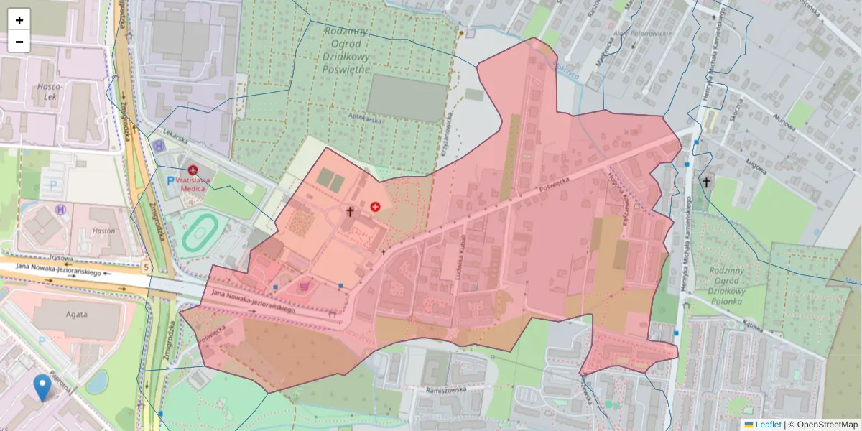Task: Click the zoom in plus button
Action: tap(19, 20)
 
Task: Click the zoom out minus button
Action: tap(19, 42)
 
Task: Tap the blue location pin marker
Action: tap(42, 386)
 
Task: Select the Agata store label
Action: tap(76, 314)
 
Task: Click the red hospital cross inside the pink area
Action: tap(375, 206)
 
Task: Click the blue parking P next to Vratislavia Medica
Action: tap(170, 182)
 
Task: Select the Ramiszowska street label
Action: tap(445, 389)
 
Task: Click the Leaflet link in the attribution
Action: tap(762, 425)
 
